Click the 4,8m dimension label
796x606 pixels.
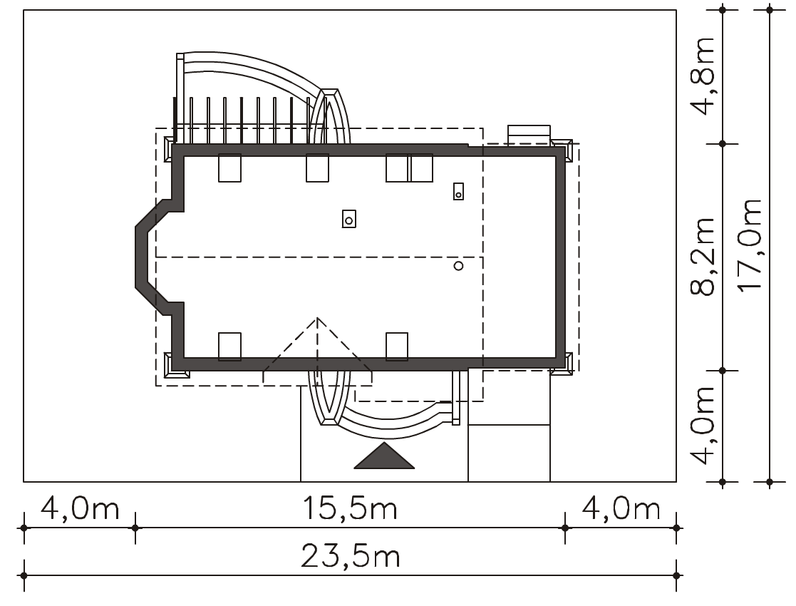(x=703, y=76)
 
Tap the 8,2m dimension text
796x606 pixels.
(x=703, y=257)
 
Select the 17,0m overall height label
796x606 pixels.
(x=750, y=245)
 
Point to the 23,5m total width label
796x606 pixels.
(x=351, y=556)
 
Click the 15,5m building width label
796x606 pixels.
(x=351, y=508)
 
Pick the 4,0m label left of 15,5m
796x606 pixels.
(x=80, y=508)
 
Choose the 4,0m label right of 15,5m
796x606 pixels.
(x=621, y=508)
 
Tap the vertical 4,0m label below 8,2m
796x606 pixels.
(x=703, y=426)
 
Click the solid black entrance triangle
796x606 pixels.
(x=384, y=456)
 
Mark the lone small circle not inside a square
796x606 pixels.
(x=458, y=266)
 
